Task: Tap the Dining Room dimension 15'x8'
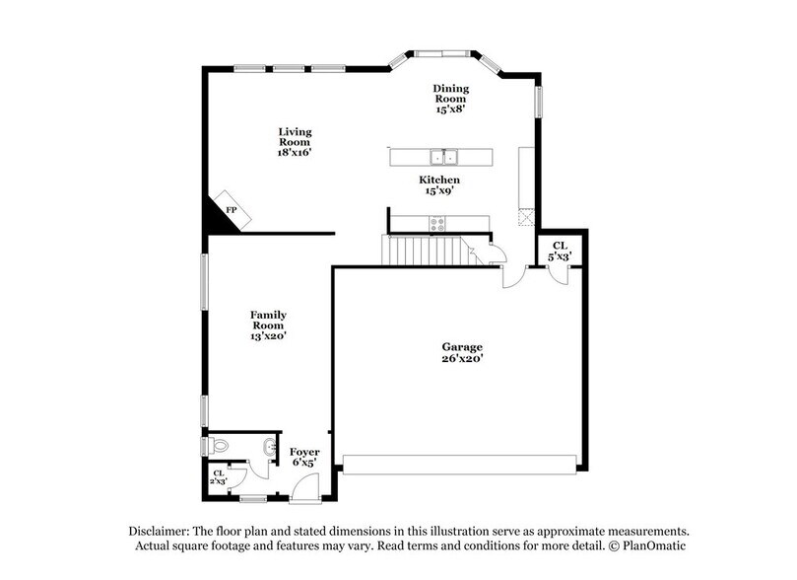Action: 450,109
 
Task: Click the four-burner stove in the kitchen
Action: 435,224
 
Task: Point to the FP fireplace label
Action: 232,211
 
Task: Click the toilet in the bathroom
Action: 219,447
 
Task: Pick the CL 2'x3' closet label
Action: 219,477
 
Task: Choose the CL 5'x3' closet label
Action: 559,251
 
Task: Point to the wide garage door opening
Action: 458,464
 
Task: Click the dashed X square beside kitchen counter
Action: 526,216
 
